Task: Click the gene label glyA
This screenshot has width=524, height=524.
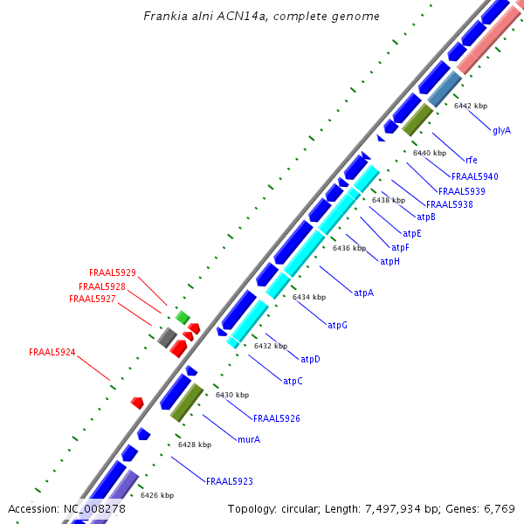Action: click(501, 130)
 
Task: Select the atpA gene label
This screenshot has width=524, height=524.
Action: click(363, 293)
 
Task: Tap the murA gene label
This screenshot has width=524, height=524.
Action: click(249, 439)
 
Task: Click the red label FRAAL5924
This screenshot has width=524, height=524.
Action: click(52, 353)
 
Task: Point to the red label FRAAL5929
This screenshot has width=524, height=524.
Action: click(113, 272)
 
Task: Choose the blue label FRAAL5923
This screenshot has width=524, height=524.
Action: click(230, 481)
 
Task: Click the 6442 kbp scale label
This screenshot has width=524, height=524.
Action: click(471, 106)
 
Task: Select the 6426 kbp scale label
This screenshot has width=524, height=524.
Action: click(157, 495)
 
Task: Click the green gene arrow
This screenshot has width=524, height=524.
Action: click(183, 317)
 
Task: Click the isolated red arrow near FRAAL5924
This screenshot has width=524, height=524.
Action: click(137, 402)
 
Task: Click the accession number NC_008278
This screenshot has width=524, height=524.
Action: click(94, 508)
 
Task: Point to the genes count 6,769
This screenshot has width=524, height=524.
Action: click(497, 508)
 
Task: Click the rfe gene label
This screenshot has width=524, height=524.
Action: click(472, 160)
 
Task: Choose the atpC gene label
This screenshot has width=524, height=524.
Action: click(293, 381)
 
